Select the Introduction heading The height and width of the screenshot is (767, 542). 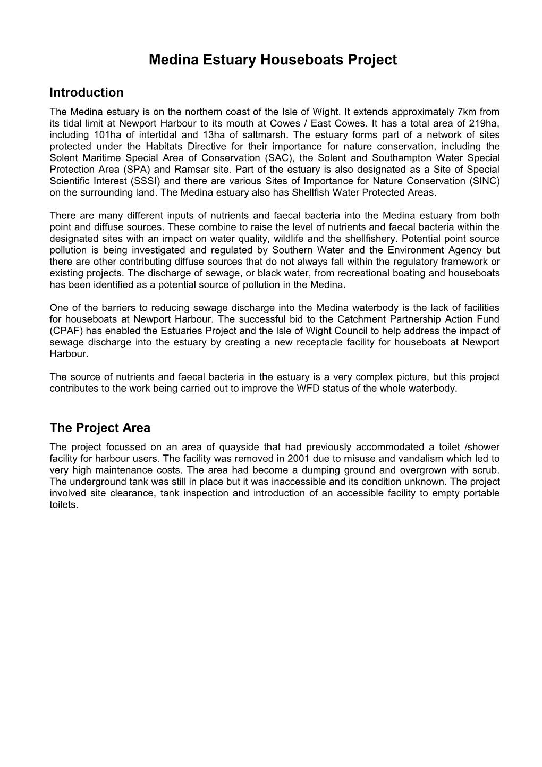pos(86,92)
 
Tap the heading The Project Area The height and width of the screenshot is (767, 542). pos(100,428)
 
